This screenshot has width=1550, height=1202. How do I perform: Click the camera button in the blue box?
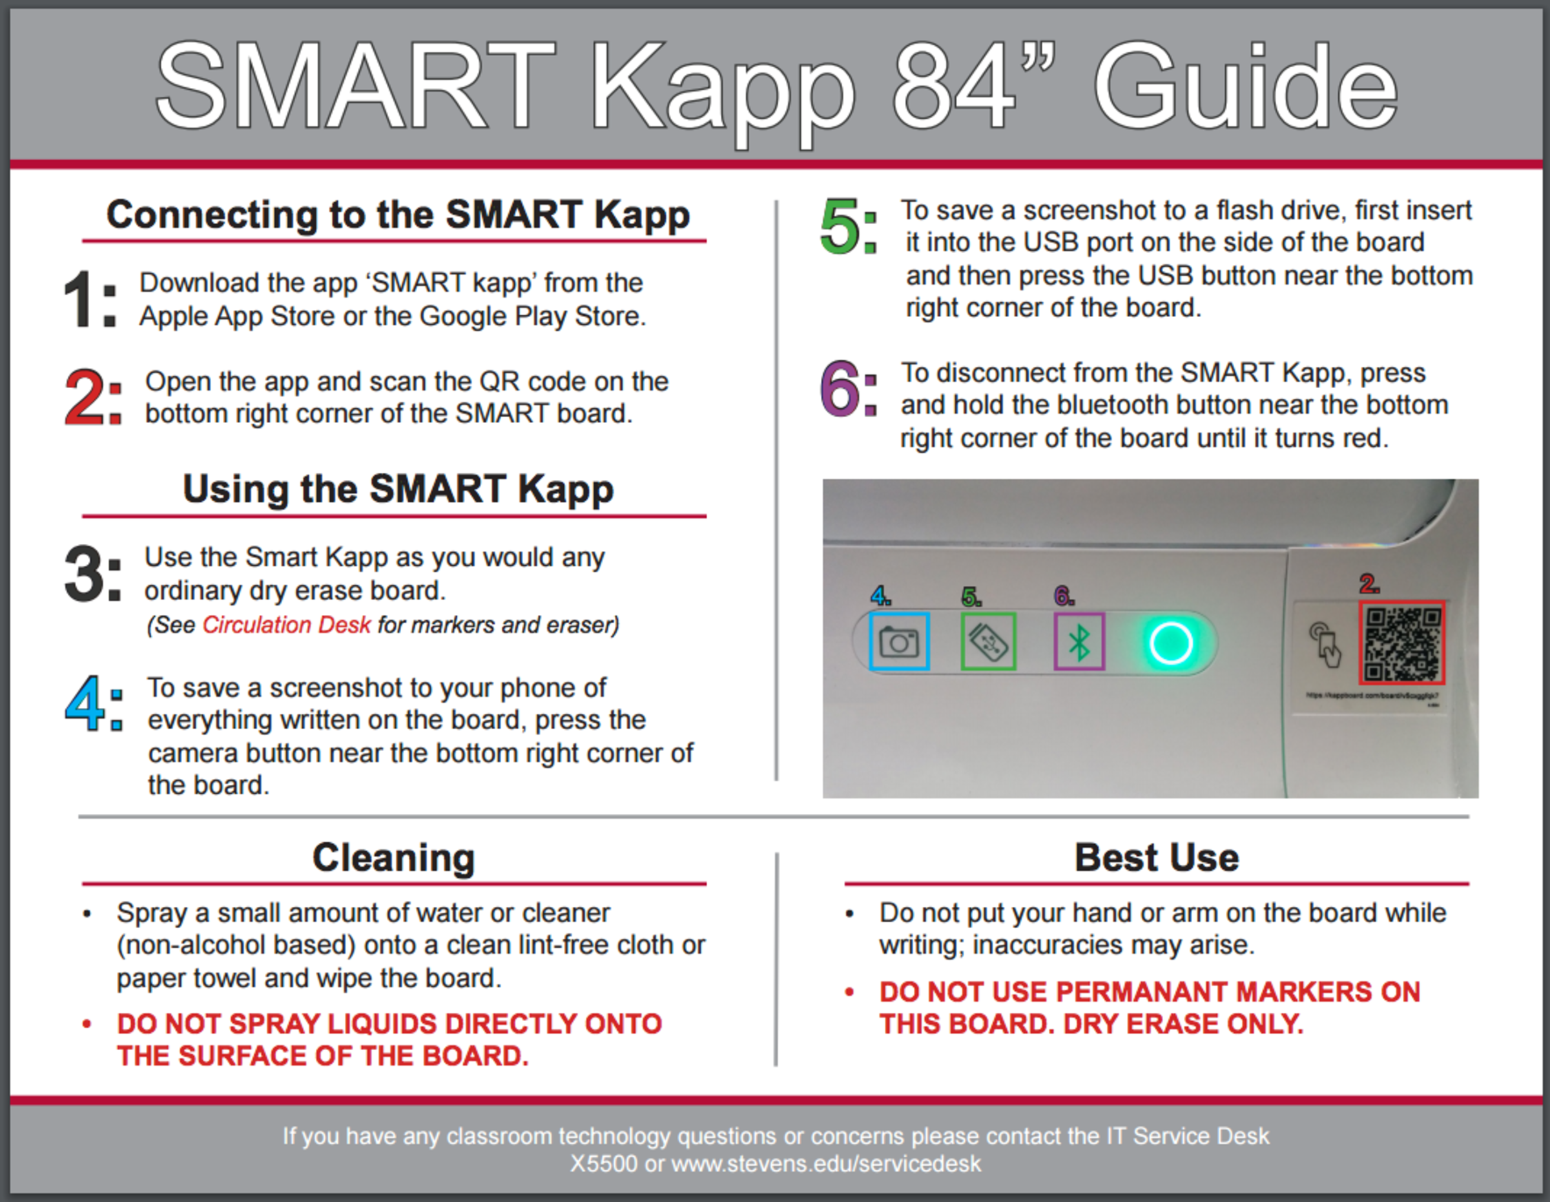[898, 642]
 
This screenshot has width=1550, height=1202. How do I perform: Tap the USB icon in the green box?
[988, 642]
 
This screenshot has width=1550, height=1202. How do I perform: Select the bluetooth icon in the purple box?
[1079, 642]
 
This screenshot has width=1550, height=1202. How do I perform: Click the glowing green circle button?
[1170, 643]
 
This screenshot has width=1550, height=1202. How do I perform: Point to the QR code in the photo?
[1401, 643]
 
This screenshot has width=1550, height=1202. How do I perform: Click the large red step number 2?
[85, 397]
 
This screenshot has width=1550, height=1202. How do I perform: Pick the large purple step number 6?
[840, 388]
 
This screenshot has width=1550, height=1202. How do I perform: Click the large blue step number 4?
[85, 703]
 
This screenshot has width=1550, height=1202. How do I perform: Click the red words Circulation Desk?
[286, 625]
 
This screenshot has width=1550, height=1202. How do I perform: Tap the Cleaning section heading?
[394, 857]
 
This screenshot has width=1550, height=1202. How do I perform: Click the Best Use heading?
[1156, 857]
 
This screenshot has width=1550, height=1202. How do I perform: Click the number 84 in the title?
[953, 87]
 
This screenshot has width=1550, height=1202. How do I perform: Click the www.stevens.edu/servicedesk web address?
[826, 1165]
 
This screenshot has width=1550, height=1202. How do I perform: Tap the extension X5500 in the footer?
[603, 1165]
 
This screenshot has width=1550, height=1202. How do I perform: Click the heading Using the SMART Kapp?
[398, 489]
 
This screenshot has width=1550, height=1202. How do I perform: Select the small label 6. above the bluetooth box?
[1063, 596]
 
